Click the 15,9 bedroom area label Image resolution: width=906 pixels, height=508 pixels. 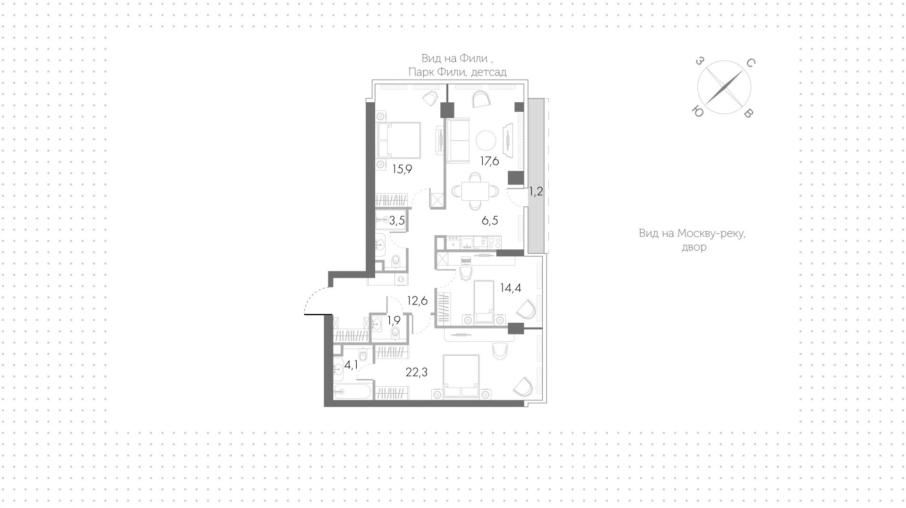point(402,169)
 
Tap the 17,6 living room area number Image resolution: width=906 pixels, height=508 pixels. point(490,161)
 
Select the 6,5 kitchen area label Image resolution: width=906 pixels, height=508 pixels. point(490,221)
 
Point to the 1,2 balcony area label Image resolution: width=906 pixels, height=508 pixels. point(536,191)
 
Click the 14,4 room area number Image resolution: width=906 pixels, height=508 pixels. point(511,287)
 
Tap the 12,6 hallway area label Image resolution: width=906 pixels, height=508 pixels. point(417,301)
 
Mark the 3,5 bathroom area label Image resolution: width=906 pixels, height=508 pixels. point(397,221)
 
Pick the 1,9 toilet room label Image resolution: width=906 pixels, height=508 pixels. point(394,320)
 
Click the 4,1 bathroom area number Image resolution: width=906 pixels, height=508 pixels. point(351,365)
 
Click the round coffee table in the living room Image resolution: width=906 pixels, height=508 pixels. point(486,140)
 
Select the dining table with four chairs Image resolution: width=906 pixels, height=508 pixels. point(475,191)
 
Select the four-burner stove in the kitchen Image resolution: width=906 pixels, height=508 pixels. point(495,242)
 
